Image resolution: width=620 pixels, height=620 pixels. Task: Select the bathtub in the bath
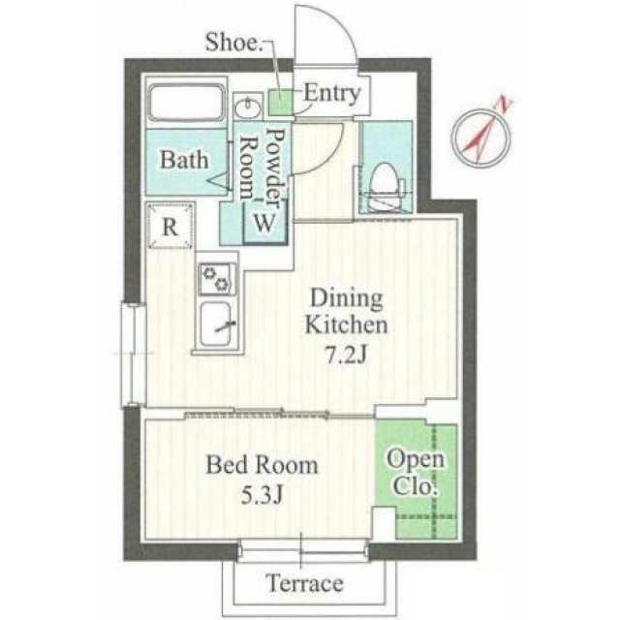186,103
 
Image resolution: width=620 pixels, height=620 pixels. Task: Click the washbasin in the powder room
248,108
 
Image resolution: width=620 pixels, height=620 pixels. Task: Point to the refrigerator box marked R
170,226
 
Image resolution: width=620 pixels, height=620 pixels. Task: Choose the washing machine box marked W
264,222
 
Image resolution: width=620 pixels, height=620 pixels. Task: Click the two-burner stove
216,279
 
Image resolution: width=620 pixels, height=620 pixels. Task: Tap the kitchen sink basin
216,325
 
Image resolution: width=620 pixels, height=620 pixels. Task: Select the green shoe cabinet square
280,103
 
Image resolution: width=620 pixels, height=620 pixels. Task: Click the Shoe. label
234,43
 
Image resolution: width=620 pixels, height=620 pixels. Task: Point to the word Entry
331,93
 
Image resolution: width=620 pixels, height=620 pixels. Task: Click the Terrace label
304,583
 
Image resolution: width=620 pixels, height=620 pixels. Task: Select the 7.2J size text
346,356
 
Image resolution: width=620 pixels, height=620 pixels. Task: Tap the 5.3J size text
262,494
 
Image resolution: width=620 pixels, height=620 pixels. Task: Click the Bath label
184,160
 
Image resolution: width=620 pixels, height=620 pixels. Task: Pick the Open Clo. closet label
416,472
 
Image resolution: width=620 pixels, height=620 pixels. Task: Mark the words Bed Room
262,465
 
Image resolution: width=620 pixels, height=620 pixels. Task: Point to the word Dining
347,297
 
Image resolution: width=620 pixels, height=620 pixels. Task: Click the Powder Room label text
263,166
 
